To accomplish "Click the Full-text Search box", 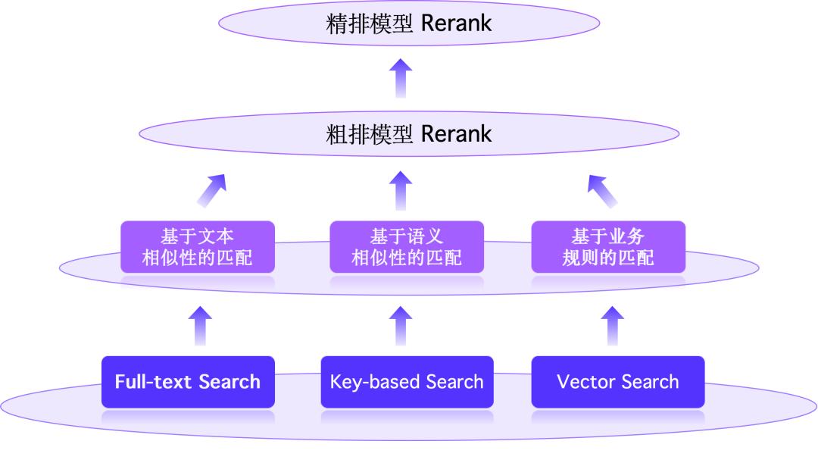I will pos(188,381).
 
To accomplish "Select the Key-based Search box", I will pos(407,381).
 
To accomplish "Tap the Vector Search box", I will pos(617,381).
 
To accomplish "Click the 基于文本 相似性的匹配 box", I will pos(197,247).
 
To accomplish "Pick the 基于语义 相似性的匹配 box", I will pos(407,247).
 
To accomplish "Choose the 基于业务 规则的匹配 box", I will pos(608,247).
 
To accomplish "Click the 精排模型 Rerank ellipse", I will pos(409,23).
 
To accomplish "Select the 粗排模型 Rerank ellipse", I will pos(409,134).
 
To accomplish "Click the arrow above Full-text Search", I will pos(200,326).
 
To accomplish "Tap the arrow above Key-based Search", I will pos(401,326).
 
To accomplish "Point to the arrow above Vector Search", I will pos(612,326).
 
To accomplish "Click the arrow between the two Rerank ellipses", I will pos(401,78).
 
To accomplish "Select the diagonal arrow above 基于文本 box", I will pos(211,190).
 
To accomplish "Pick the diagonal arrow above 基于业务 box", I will pos(603,190).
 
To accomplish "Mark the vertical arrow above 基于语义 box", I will pos(401,190).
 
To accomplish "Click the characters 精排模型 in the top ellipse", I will pos(369,23).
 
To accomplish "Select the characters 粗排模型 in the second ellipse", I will pos(369,134).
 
